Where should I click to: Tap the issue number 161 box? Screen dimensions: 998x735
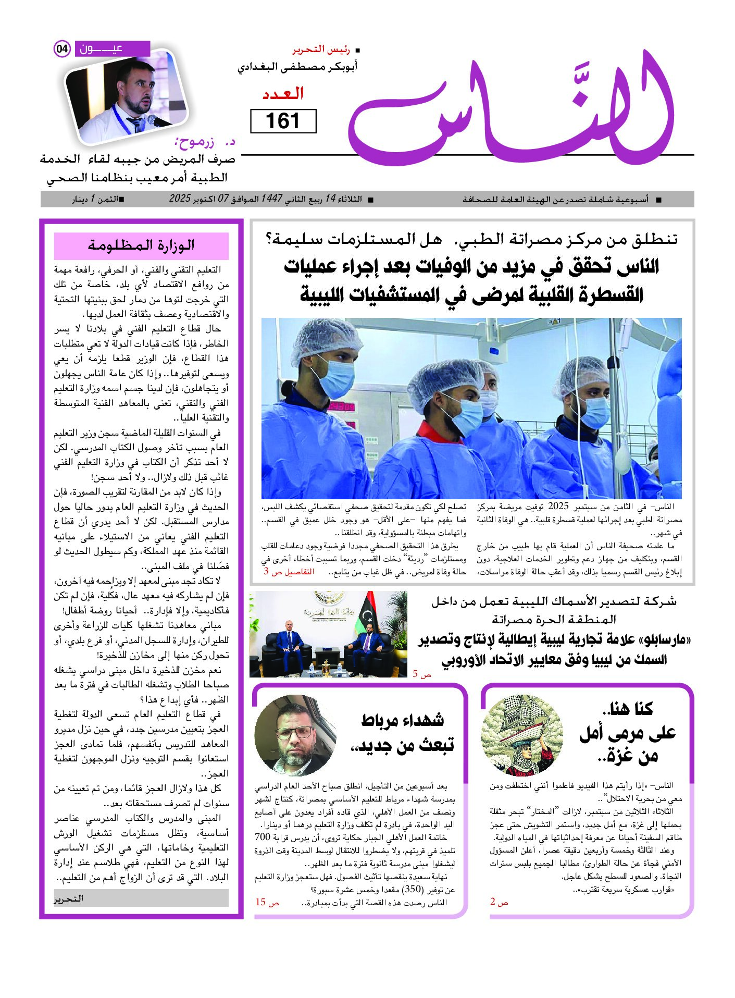283,121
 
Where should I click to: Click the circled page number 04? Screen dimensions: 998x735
62,49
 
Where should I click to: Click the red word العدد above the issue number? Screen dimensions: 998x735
283,94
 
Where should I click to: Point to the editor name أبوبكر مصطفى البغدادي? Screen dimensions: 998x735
298,67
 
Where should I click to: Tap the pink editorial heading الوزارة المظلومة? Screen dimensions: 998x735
141,245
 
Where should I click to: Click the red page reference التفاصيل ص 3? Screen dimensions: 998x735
289,571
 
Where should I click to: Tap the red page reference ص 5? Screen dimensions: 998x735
422,674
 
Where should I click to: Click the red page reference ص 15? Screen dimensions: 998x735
267,902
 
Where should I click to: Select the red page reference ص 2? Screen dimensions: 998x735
499,902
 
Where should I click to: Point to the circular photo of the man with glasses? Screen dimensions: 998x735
295,736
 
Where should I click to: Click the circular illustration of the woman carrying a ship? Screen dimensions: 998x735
522,736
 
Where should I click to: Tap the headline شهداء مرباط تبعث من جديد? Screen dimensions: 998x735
402,732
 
